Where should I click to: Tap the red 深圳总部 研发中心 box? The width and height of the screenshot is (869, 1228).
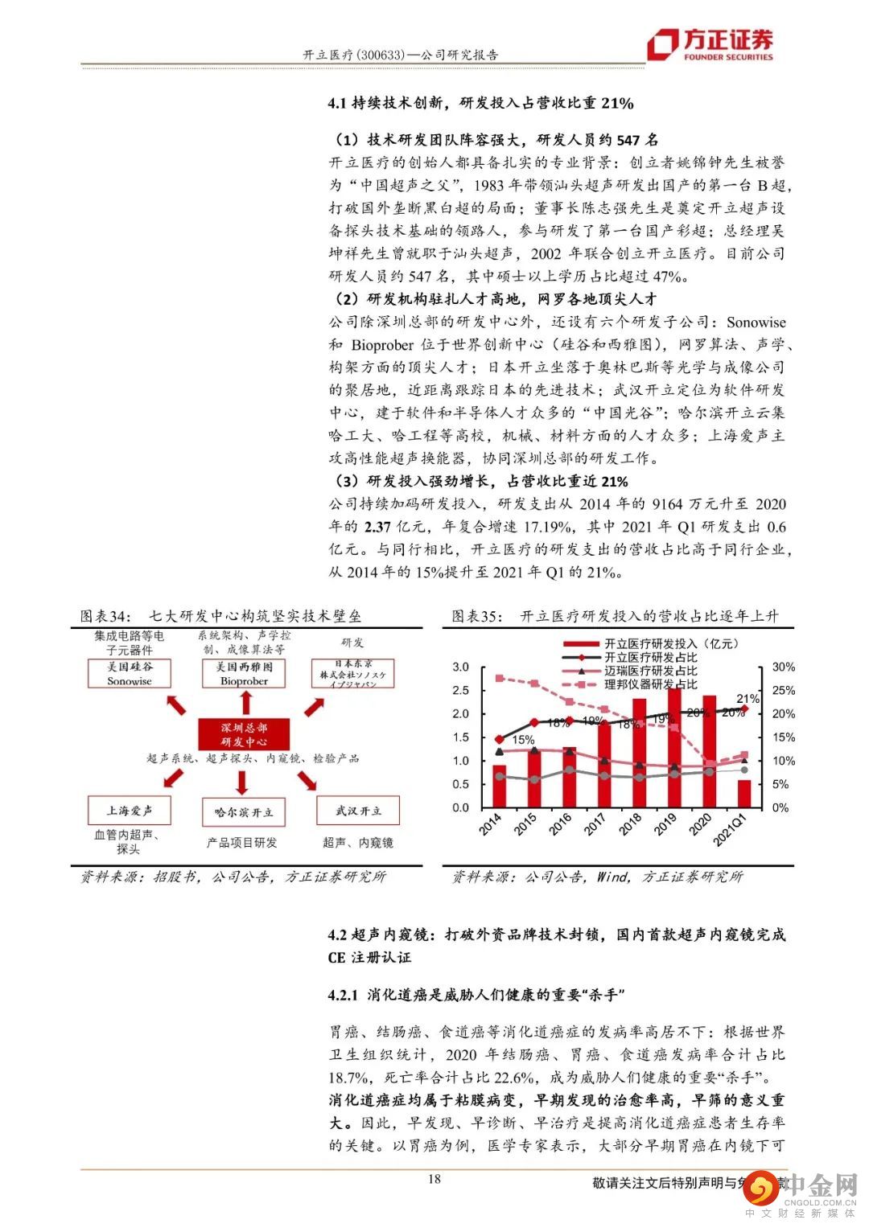coord(244,734)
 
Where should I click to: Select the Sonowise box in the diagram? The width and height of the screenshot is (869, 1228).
coord(130,674)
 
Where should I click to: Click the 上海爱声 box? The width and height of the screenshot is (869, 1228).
coord(130,810)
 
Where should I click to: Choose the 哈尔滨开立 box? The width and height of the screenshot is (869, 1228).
coord(244,812)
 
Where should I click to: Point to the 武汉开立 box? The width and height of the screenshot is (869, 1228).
coord(358,811)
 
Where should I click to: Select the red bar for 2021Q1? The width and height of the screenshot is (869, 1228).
coord(743,793)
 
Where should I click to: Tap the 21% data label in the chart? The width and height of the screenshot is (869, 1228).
coord(748,699)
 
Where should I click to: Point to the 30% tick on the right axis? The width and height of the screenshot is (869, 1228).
coord(783,667)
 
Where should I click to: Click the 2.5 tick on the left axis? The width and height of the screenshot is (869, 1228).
coord(461,691)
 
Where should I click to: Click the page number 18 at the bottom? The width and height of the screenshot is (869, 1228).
coord(434,1180)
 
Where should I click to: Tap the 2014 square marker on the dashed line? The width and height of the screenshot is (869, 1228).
coord(499,678)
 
